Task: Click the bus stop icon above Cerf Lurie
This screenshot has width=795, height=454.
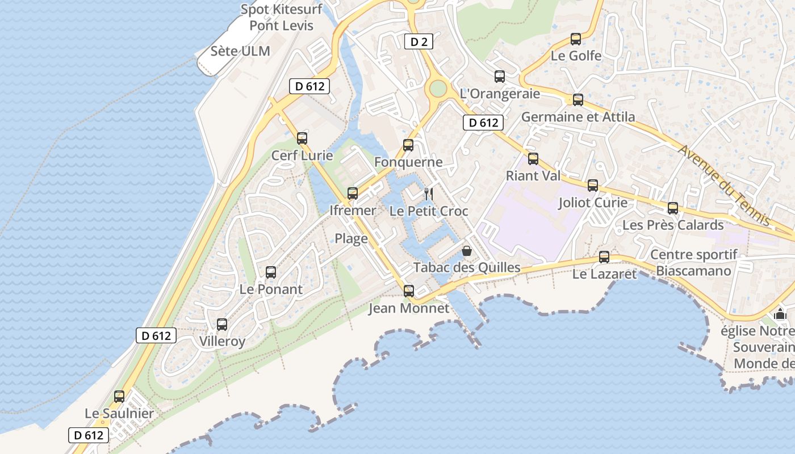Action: point(302,138)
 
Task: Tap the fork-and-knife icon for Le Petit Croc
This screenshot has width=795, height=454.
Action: point(429,194)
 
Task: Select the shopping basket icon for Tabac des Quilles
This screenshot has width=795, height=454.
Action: point(467,250)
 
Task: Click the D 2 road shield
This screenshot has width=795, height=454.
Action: point(418,41)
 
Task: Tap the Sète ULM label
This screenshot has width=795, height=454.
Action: point(240,51)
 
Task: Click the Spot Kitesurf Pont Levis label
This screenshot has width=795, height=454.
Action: point(282,17)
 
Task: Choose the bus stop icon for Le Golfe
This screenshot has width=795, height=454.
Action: point(576,39)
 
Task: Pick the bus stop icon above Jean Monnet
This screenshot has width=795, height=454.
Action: point(408,292)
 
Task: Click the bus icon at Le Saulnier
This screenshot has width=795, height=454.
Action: point(119,397)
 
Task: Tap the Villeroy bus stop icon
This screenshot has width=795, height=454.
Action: point(222,325)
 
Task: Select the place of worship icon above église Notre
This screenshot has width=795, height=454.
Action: point(780,314)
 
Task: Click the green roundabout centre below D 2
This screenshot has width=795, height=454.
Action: point(438,88)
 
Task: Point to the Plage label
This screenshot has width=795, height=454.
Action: point(351,238)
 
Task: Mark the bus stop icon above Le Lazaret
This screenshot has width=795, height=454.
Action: point(604,257)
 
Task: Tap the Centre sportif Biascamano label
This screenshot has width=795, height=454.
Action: point(693,263)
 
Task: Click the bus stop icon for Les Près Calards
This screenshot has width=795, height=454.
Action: point(673,208)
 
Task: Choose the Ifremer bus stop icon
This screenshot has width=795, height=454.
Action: point(353,194)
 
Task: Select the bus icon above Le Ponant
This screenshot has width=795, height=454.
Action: point(271,272)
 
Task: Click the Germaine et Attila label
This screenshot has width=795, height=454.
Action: point(578,117)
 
